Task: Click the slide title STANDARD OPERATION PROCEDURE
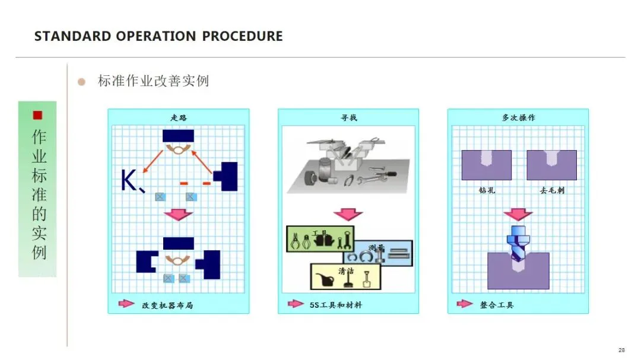[158, 36]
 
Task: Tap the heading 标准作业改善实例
[153, 81]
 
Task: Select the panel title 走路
[178, 117]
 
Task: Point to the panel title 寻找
[348, 117]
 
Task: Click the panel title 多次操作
[518, 117]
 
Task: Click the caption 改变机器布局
[167, 305]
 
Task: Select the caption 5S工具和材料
[335, 305]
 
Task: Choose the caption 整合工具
[497, 305]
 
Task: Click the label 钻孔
[487, 191]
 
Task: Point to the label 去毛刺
[552, 191]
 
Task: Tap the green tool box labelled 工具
[320, 239]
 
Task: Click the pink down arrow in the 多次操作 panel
[518, 214]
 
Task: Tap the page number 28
[621, 350]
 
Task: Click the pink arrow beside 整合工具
[465, 304]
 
